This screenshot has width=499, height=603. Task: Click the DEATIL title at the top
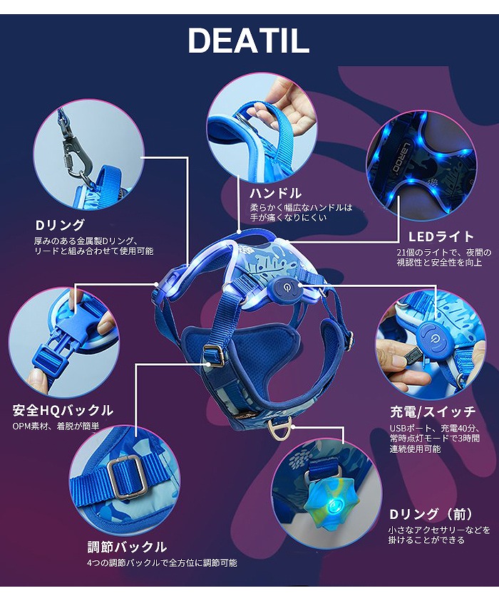click(248, 42)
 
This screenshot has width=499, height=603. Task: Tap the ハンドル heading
click(275, 193)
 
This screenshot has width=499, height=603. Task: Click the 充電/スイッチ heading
click(433, 411)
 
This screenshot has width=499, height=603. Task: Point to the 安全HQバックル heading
click(63, 410)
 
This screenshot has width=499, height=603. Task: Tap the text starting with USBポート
click(433, 439)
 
